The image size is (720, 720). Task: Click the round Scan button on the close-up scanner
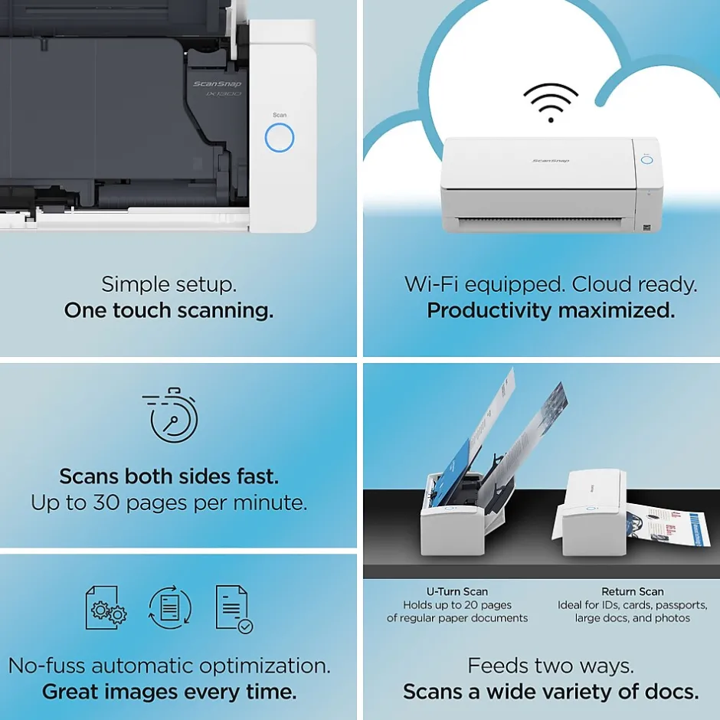pyautogui.click(x=279, y=138)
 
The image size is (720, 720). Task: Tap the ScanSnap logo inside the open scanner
pyautogui.click(x=218, y=83)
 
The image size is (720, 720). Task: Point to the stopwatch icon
pyautogui.click(x=171, y=415)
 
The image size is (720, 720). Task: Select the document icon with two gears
pyautogui.click(x=106, y=607)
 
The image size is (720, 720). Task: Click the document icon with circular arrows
pyautogui.click(x=170, y=607)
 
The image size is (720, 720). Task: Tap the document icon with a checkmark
pyautogui.click(x=234, y=609)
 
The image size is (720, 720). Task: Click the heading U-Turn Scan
pyautogui.click(x=457, y=591)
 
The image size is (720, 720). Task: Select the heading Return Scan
pyautogui.click(x=632, y=591)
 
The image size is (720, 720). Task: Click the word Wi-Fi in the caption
pyautogui.click(x=431, y=284)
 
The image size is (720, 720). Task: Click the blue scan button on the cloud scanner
pyautogui.click(x=646, y=160)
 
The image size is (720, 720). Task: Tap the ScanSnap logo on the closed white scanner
pyautogui.click(x=551, y=161)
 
